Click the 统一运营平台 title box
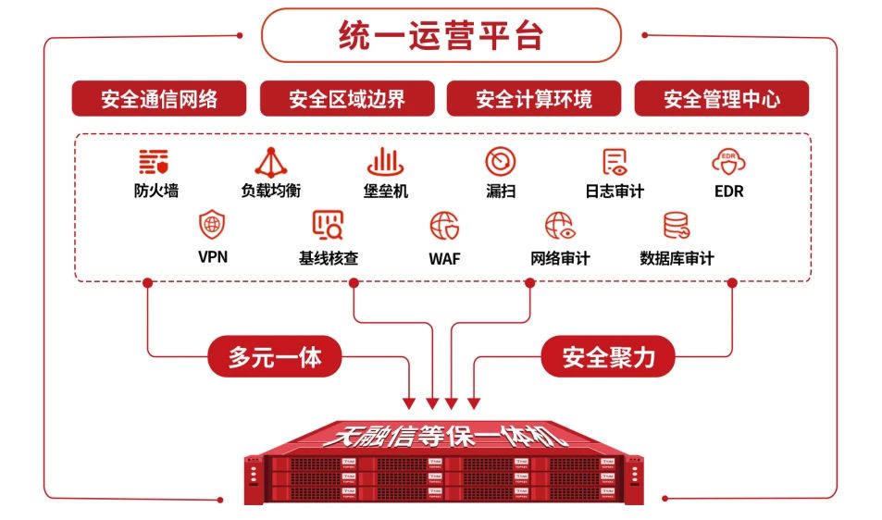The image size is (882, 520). tap(441, 36)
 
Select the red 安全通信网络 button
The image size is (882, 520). tap(159, 99)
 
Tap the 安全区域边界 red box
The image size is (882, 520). tap(347, 99)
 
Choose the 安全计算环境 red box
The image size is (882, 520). tap(534, 99)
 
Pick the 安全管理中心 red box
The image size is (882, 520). tap(721, 99)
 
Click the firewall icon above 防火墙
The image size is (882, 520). tap(154, 162)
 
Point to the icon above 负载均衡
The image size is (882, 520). tap(271, 162)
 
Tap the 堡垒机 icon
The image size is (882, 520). tap(385, 162)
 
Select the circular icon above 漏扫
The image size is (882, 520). tap(501, 162)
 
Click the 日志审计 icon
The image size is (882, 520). tap(615, 162)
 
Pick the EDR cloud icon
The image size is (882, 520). tap(728, 162)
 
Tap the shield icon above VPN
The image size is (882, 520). tap(213, 225)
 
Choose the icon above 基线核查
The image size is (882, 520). tap(328, 225)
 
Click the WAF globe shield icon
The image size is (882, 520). tap(444, 226)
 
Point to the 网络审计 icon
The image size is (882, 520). tap(559, 225)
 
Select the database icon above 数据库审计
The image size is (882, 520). tap(677, 225)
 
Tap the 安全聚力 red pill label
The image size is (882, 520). tap(608, 356)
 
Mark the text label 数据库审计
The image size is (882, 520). tap(677, 259)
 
